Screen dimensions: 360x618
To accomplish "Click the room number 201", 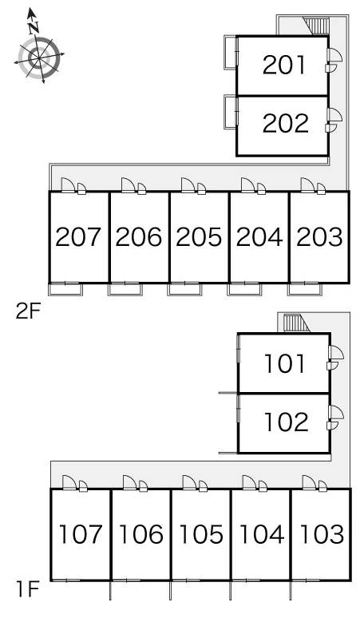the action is pyautogui.click(x=283, y=65).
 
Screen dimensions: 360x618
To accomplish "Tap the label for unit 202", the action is pyautogui.click(x=285, y=124).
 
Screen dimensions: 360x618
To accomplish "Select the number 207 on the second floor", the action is pyautogui.click(x=78, y=237).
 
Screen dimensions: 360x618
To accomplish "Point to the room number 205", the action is pyautogui.click(x=199, y=237).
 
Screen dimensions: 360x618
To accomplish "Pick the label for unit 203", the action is pyautogui.click(x=319, y=237).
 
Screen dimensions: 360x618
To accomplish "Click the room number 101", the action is pyautogui.click(x=285, y=363).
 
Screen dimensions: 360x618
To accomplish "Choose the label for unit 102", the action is pyautogui.click(x=287, y=422).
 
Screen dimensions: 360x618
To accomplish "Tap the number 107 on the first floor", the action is pyautogui.click(x=81, y=534).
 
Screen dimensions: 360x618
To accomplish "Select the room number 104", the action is pyautogui.click(x=261, y=534).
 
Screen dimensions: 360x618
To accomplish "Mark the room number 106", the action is pyautogui.click(x=140, y=534).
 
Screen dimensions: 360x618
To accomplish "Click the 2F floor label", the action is pyautogui.click(x=29, y=312).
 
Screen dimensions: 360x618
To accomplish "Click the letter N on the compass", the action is pyautogui.click(x=34, y=28).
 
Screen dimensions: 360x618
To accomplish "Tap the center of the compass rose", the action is pyautogui.click(x=39, y=58).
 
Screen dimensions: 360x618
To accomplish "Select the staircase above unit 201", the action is pyautogui.click(x=316, y=26).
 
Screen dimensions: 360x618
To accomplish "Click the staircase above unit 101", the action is pyautogui.click(x=296, y=323).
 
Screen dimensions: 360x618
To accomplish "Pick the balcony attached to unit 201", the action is pyautogui.click(x=231, y=53).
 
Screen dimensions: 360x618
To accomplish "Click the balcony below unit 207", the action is pyautogui.click(x=65, y=289).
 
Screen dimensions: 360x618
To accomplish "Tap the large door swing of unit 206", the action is pyautogui.click(x=127, y=185).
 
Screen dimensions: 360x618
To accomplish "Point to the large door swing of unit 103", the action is pyautogui.click(x=308, y=482).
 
